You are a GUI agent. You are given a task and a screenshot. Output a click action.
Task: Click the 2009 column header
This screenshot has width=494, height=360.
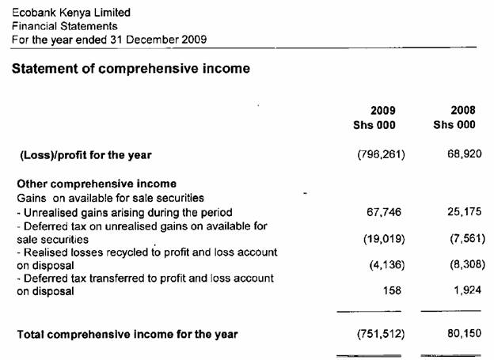tap(383, 110)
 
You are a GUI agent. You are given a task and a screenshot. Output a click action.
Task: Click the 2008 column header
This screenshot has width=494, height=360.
tap(463, 110)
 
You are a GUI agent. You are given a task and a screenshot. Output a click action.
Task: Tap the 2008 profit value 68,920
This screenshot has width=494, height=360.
tap(465, 154)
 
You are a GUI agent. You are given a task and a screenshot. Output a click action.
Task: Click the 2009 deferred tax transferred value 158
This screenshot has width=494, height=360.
tap(393, 290)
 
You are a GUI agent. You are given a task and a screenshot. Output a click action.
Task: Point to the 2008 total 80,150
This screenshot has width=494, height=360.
tap(465, 334)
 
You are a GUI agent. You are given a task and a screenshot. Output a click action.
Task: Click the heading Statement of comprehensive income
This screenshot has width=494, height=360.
tap(131, 69)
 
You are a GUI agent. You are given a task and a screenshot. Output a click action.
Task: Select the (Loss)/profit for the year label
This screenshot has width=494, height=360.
tap(85, 154)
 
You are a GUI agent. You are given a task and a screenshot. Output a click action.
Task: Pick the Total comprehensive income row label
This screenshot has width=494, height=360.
tap(127, 334)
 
